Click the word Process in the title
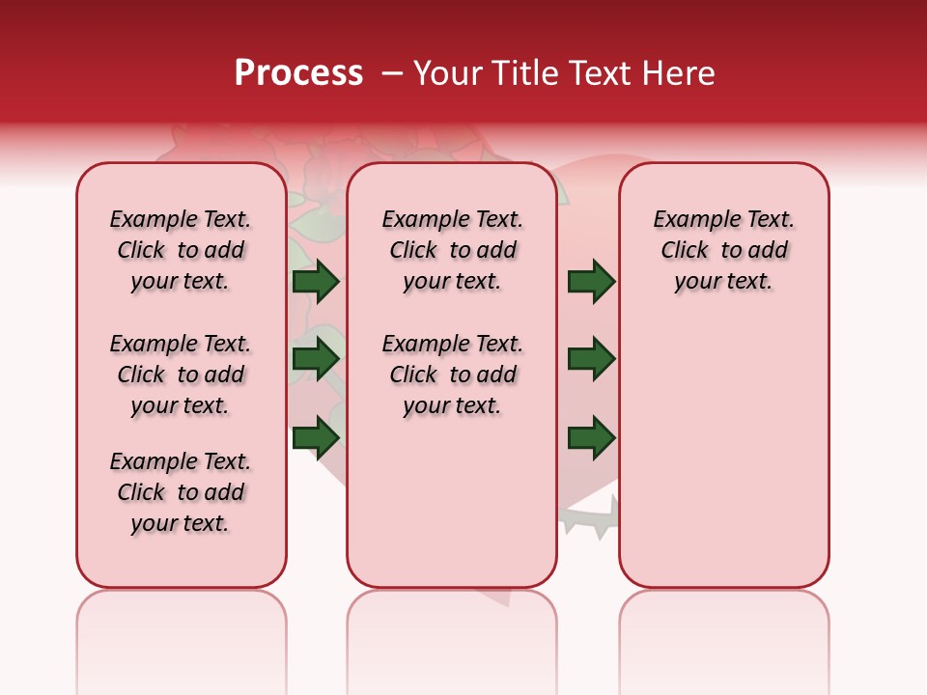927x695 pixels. click(298, 73)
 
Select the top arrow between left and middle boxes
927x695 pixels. click(316, 282)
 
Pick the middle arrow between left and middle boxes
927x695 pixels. click(316, 359)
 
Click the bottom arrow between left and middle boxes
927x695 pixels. click(316, 437)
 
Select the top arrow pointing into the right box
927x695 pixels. click(591, 282)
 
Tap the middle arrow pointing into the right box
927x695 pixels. click(591, 359)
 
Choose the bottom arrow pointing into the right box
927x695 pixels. click(591, 437)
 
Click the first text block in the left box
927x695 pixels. click(181, 250)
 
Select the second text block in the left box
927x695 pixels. click(181, 375)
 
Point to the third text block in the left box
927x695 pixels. click(181, 492)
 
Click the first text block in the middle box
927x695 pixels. click(452, 250)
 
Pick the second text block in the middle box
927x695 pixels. click(452, 375)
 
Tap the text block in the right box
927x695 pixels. click(724, 250)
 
